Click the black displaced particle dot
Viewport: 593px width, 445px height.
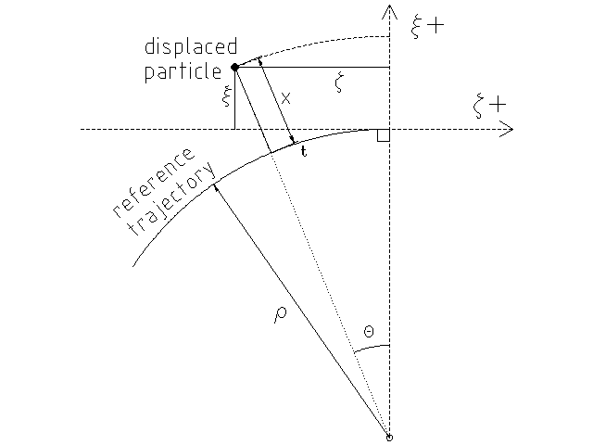pos(234,67)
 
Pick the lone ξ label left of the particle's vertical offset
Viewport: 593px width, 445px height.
pos(225,98)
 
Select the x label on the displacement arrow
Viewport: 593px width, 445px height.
pos(285,97)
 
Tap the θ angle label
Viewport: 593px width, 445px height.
pos(370,330)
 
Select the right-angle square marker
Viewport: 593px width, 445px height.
pos(385,135)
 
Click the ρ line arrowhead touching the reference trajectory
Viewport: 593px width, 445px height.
pos(216,187)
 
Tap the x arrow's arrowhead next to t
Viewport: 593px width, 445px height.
pos(293,142)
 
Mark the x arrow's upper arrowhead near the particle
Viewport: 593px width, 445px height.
pos(260,61)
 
